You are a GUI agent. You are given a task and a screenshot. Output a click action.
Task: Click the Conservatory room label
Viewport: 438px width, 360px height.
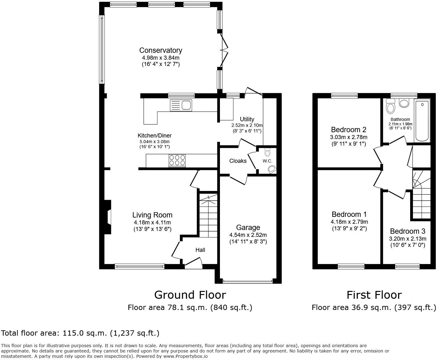tap(160, 50)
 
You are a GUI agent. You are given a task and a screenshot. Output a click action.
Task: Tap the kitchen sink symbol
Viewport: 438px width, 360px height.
tap(181, 105)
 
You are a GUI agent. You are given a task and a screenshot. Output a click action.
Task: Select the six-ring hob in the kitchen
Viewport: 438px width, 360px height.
tap(177, 161)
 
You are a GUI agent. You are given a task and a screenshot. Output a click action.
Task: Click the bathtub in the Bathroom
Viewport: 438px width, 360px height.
tap(422, 120)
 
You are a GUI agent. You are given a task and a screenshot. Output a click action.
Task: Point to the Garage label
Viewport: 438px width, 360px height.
tap(248, 227)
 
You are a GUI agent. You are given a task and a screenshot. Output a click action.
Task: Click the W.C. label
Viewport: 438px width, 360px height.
tap(267, 161)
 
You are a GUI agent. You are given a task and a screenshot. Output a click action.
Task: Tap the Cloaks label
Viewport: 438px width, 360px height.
tap(238, 161)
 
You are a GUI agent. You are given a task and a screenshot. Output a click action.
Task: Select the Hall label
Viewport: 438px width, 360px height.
tap(200, 250)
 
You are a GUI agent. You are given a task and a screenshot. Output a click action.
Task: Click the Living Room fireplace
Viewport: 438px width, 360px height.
tap(108, 217)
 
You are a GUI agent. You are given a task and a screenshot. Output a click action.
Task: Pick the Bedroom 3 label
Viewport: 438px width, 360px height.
tap(407, 231)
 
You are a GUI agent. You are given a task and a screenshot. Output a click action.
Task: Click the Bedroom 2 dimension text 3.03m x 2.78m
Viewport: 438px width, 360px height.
tap(349, 137)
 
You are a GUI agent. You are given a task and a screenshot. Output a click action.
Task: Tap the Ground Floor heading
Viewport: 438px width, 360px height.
tap(190, 295)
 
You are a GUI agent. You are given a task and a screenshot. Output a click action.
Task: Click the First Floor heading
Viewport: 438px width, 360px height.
tap(374, 295)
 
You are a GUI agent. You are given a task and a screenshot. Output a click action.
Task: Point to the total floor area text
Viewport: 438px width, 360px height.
tap(80, 333)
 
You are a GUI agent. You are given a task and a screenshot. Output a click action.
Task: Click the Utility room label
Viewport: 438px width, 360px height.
tap(247, 119)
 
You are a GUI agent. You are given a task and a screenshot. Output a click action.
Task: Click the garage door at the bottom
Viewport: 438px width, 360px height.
tap(248, 282)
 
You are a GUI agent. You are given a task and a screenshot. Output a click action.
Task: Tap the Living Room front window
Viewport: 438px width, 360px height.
tap(140, 266)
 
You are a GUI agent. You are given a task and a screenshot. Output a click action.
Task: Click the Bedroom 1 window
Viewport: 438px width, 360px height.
tap(351, 266)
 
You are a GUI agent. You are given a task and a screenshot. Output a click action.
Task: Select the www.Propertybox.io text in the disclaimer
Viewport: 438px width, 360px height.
tap(185, 356)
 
